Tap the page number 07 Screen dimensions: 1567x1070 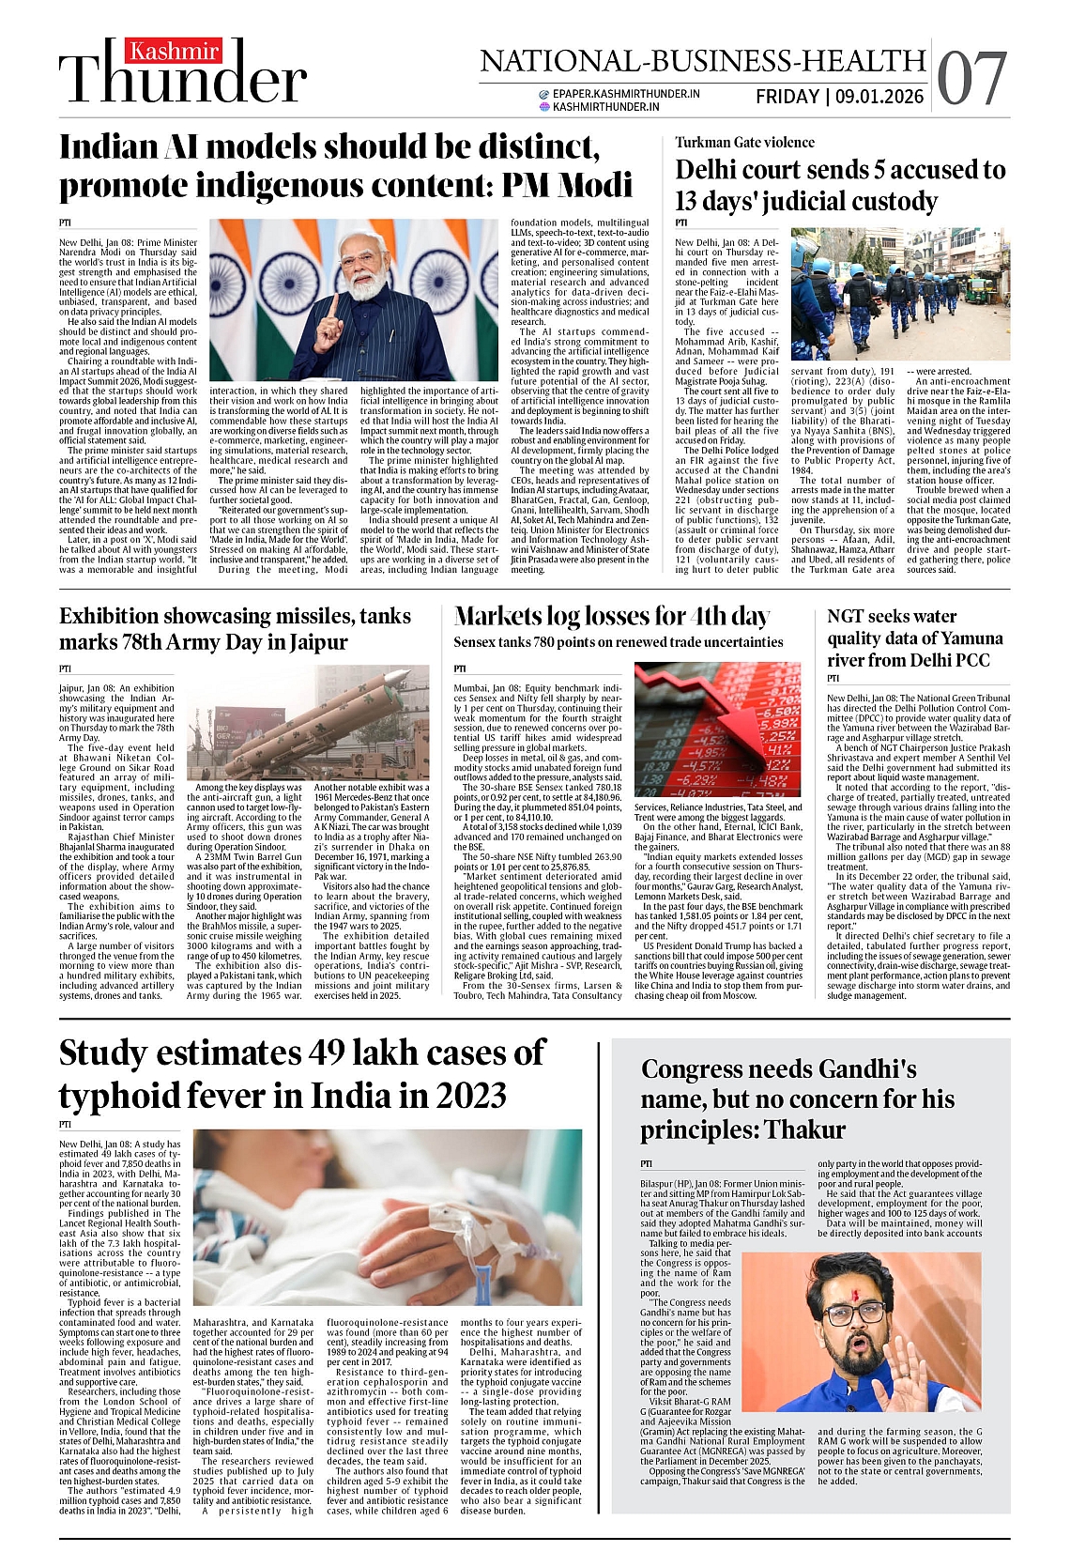pos(971,79)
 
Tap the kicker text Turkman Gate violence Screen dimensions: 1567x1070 pos(744,143)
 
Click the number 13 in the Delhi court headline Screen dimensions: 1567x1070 pos(690,202)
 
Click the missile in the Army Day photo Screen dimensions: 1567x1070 pos(310,714)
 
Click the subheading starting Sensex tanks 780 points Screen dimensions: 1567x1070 pos(618,642)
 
